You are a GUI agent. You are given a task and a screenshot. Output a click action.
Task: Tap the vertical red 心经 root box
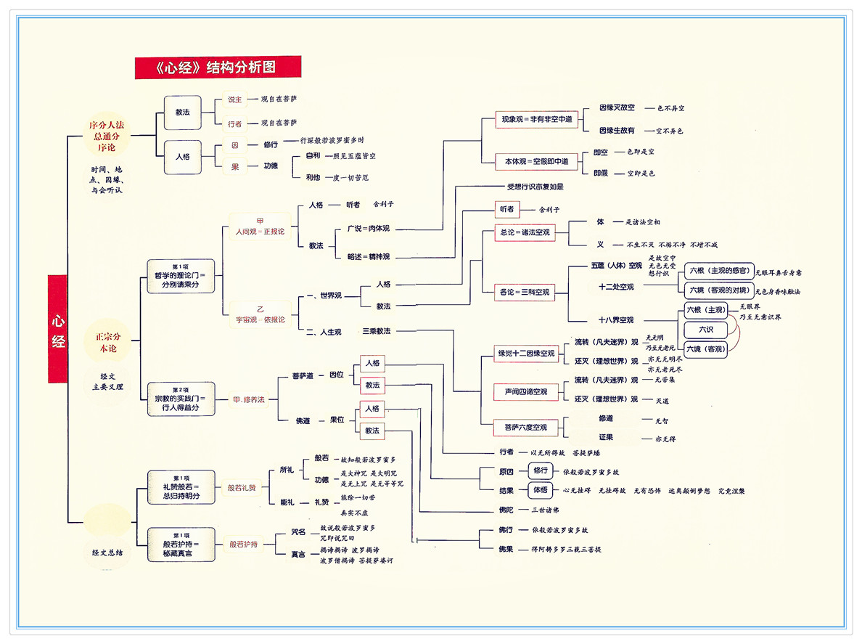click(58, 329)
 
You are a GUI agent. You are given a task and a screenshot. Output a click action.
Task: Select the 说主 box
click(234, 99)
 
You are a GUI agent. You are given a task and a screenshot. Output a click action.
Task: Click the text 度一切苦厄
click(347, 177)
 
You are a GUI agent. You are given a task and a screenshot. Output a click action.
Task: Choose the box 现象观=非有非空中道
click(537, 119)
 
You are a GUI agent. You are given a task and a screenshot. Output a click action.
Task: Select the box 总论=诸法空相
click(525, 233)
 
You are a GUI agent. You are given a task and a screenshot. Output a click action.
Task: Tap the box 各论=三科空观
click(525, 293)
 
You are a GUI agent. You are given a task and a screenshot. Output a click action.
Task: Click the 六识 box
click(705, 330)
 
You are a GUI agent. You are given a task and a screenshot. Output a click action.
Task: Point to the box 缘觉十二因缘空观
click(525, 354)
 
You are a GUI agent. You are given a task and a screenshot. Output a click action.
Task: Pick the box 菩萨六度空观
click(525, 428)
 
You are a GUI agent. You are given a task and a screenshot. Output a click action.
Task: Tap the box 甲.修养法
click(248, 399)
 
